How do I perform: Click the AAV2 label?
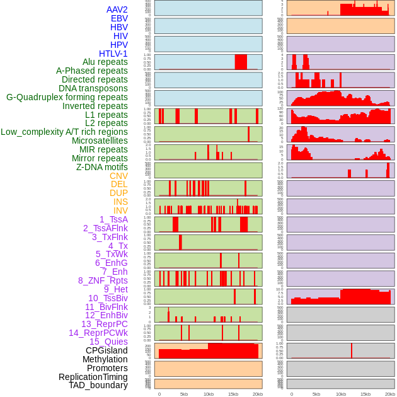click(x=117, y=9)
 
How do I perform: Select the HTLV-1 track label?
click(x=113, y=54)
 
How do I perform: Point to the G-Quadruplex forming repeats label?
click(x=67, y=97)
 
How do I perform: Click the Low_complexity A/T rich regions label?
click(x=64, y=132)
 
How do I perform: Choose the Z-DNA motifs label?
click(x=101, y=167)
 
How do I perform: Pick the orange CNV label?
click(x=118, y=176)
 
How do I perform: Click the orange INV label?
click(x=120, y=210)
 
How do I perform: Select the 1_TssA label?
click(x=113, y=219)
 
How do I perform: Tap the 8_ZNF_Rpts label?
click(x=103, y=280)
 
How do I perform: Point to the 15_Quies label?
click(x=108, y=342)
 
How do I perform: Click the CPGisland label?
click(x=106, y=350)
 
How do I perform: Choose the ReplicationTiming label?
click(x=93, y=377)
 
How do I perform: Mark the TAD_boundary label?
click(x=98, y=385)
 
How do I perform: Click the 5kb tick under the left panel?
click(x=184, y=394)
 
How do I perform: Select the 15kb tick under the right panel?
click(x=365, y=394)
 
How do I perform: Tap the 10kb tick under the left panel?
click(x=209, y=394)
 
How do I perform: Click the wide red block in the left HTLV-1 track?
click(x=241, y=62)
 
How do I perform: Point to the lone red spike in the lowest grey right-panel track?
click(x=352, y=351)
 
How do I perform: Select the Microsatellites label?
click(x=100, y=141)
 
